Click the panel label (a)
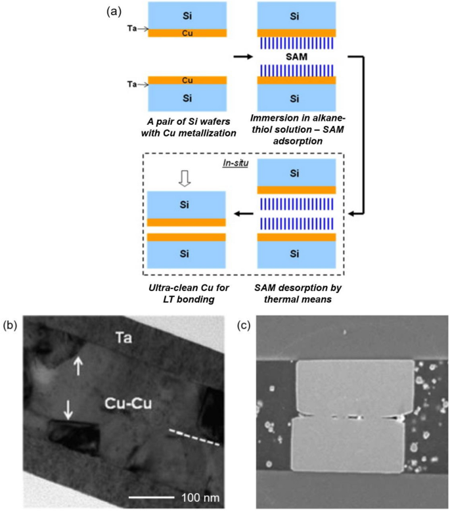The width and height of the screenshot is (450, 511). tap(114, 11)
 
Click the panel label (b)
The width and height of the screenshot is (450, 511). tap(11, 324)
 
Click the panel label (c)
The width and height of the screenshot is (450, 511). tap(244, 324)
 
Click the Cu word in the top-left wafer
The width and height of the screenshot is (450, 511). tap(187, 32)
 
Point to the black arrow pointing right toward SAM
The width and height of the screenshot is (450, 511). tap(242, 56)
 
